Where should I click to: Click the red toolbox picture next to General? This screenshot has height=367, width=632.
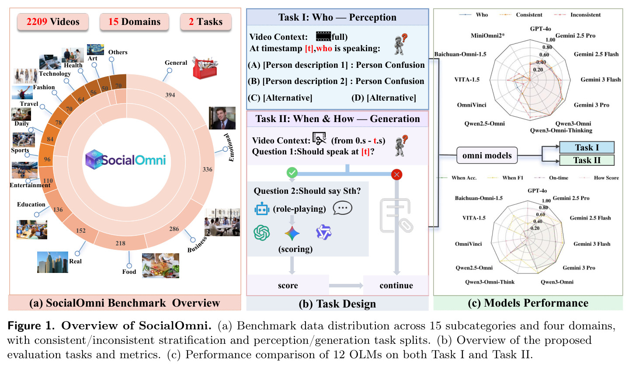[x=205, y=67]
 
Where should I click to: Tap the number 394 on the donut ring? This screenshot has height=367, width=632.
[x=170, y=95]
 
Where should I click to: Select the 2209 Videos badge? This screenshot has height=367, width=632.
[x=53, y=22]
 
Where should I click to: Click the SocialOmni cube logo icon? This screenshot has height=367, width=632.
[x=94, y=160]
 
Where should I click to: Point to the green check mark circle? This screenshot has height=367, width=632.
[x=292, y=172]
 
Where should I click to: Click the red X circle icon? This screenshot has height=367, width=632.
[x=397, y=175]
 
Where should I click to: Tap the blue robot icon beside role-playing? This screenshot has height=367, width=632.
[x=261, y=209]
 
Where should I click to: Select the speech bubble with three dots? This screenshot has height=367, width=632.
[x=342, y=208]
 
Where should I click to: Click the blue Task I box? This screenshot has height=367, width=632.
[x=587, y=147]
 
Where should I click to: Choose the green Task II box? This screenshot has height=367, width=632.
[x=587, y=160]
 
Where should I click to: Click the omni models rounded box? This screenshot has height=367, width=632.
[x=487, y=155]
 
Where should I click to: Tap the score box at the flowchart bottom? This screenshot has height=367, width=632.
[x=288, y=285]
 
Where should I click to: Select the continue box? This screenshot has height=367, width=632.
[x=396, y=285]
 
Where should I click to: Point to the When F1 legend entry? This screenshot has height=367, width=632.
[x=505, y=178]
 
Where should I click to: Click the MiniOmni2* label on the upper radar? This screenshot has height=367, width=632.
[x=487, y=35]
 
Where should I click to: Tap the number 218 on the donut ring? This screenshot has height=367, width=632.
[x=121, y=243]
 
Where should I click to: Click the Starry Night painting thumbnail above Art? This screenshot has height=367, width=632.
[x=95, y=49]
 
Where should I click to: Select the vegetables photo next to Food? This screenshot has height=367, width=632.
[x=160, y=266]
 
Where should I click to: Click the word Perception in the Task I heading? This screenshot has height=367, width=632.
[x=372, y=17]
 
